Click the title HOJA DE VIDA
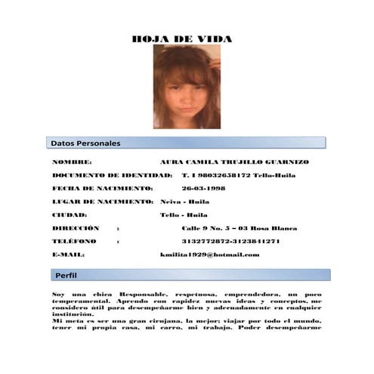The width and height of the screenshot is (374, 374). point(181,39)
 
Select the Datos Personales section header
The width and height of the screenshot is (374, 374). point(85,142)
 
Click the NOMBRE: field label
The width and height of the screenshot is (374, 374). point(72,162)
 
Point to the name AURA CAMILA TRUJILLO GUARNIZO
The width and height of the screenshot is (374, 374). point(234,162)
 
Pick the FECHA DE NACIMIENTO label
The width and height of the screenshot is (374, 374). point(102,188)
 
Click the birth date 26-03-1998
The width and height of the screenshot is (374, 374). point(203,188)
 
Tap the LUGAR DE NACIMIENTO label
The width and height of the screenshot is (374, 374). point(103,202)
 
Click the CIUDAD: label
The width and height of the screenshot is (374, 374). point(70,215)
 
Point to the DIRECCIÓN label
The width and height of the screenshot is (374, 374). point(76,227)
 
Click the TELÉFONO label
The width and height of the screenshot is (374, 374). point(74,241)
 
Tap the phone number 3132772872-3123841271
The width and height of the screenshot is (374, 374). point(231,241)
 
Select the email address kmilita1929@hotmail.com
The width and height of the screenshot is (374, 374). point(210,254)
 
